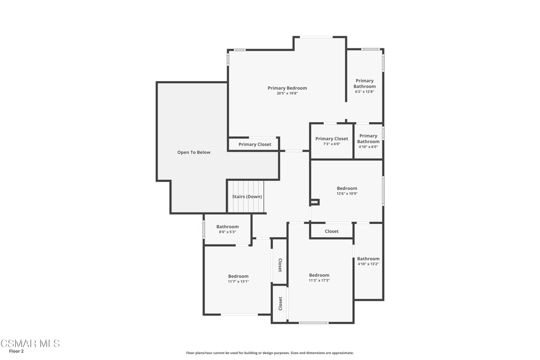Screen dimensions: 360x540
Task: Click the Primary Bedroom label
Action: (x=287, y=88)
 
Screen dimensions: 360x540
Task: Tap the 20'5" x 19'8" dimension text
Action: (x=287, y=94)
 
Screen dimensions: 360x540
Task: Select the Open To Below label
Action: (x=194, y=152)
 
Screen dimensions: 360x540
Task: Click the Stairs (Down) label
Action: (x=247, y=197)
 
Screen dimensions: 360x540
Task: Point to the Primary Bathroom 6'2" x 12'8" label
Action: (x=364, y=86)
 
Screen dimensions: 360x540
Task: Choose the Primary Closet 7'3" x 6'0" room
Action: (x=332, y=141)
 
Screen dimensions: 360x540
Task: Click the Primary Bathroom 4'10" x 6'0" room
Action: (x=368, y=141)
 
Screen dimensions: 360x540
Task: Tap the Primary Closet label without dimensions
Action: (x=255, y=144)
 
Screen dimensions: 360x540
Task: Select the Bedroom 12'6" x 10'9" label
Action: (x=347, y=191)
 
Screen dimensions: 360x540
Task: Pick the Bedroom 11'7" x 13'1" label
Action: (x=238, y=278)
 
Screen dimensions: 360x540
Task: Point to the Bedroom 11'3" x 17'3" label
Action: (x=319, y=278)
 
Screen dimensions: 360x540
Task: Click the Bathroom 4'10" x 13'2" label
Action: (x=368, y=261)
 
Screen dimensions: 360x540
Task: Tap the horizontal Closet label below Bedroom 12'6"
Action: (x=332, y=231)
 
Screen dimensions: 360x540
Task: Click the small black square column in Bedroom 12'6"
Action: (x=315, y=201)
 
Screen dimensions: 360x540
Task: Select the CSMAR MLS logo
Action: (x=30, y=344)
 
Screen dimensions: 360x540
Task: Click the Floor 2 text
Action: (x=16, y=352)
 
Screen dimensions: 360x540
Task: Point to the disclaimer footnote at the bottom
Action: (x=269, y=353)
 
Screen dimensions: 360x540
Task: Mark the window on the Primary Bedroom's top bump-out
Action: (x=316, y=37)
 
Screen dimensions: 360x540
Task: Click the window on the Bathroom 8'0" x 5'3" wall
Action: (x=204, y=229)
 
